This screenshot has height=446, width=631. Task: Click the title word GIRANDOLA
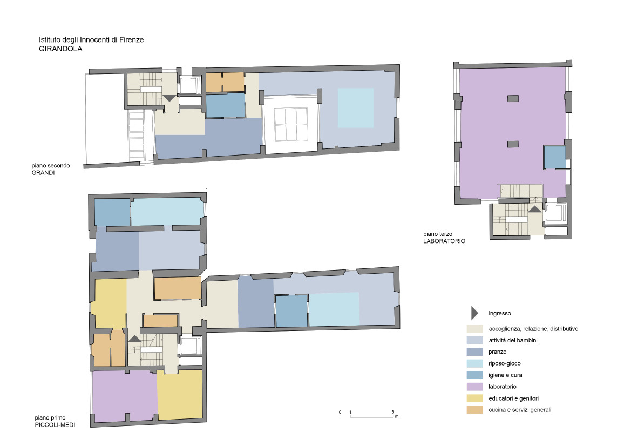tap(60, 49)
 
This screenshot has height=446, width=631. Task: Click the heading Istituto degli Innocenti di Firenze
tap(91, 39)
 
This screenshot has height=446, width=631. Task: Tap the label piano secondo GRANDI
tap(50, 169)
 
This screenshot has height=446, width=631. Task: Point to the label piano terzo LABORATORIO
tap(444, 238)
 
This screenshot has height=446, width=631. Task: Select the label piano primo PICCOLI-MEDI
tap(55, 421)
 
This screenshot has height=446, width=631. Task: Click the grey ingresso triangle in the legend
tap(474, 313)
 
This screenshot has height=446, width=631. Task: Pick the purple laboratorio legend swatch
tap(475, 387)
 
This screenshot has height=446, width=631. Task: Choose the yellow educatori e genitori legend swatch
tap(475, 398)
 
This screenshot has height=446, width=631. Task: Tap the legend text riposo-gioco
tap(505, 363)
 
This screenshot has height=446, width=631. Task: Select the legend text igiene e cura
tap(505, 375)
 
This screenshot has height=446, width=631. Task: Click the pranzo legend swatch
tap(475, 352)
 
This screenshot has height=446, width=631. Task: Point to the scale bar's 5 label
tap(393, 412)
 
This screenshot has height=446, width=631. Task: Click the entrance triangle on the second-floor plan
tap(169, 98)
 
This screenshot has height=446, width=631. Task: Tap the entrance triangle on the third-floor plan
tap(535, 209)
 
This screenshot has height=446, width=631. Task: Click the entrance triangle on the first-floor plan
tap(135, 339)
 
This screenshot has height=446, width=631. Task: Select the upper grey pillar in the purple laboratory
tap(513, 98)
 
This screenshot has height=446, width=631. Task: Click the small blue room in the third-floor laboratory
tap(555, 157)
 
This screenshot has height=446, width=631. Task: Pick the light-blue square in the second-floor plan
tap(356, 108)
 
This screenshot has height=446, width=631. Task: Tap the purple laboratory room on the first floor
tap(125, 396)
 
